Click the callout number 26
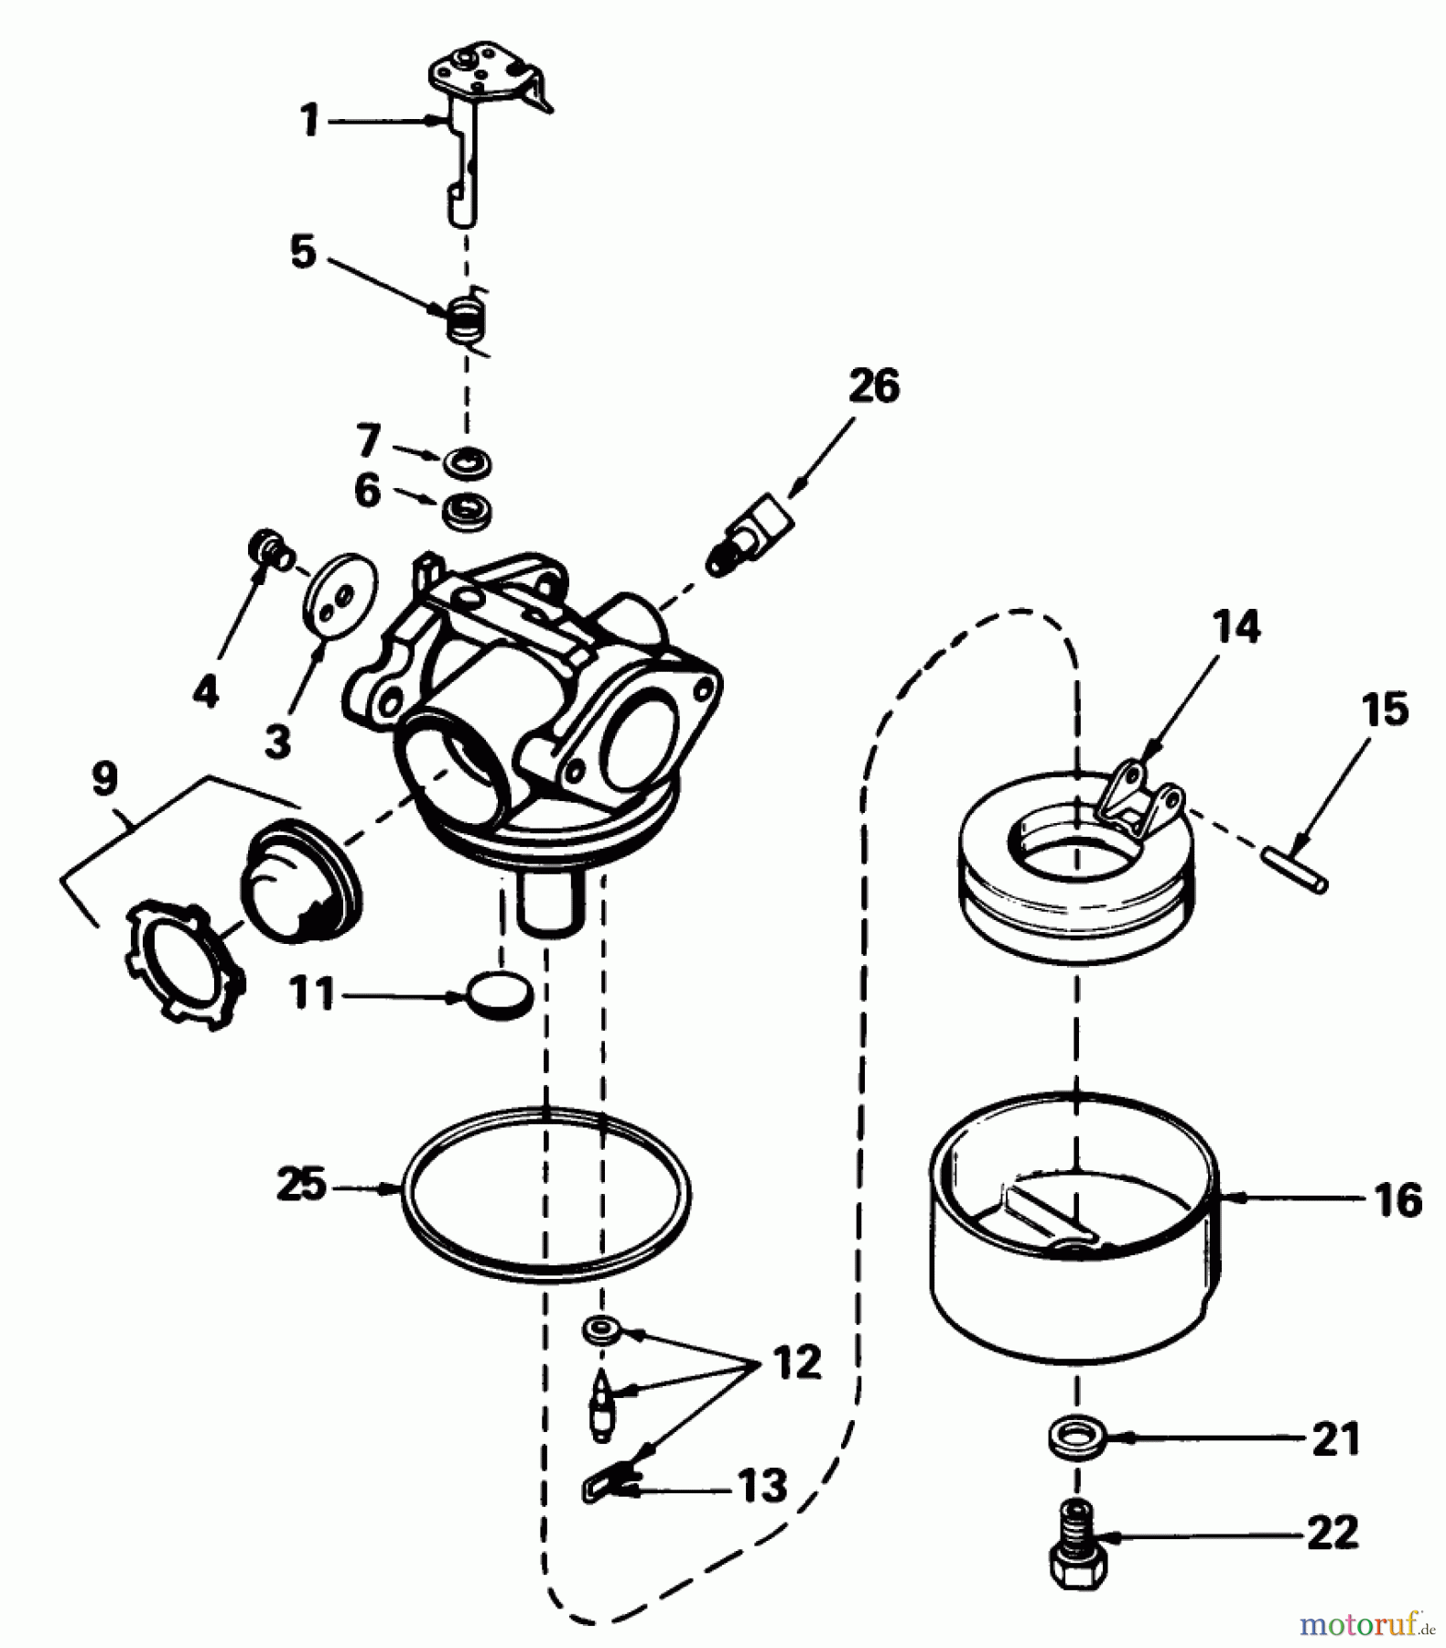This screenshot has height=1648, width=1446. click(x=873, y=386)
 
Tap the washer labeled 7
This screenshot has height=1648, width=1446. click(x=468, y=461)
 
